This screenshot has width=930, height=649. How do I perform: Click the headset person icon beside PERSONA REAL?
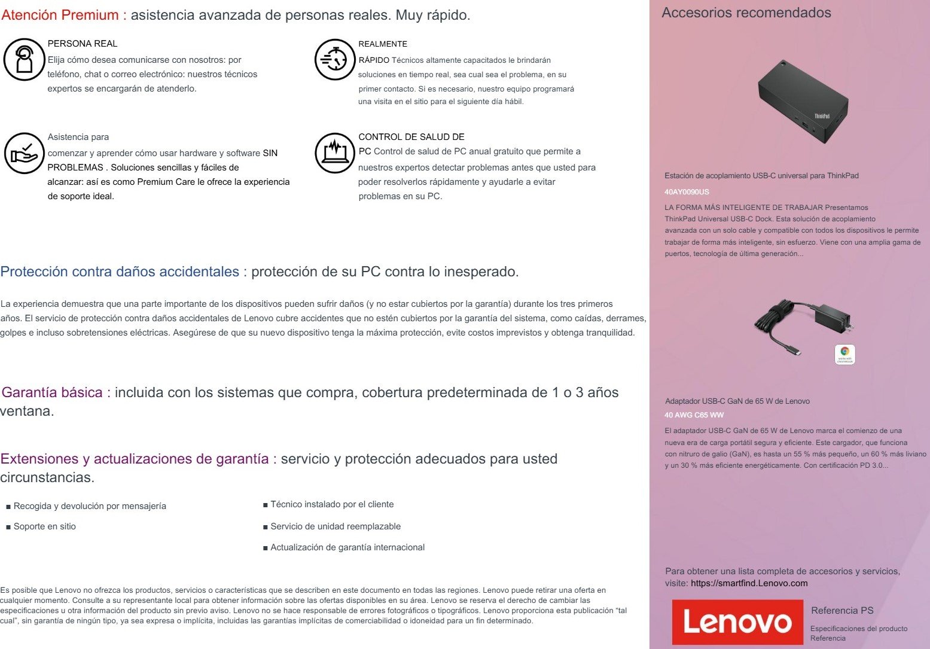[24, 59]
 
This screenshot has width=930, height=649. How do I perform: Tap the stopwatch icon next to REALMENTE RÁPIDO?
[335, 59]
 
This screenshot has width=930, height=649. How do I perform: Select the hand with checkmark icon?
[24, 153]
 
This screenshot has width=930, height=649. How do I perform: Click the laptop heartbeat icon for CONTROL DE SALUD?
[335, 153]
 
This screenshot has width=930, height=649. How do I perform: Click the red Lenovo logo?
[737, 622]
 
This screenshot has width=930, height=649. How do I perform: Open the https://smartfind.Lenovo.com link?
[749, 583]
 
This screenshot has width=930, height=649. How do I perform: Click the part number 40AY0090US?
[687, 192]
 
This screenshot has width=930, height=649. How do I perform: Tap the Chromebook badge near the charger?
[844, 354]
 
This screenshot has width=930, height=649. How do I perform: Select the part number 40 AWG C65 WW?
[694, 415]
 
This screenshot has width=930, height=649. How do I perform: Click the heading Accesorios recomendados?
[746, 13]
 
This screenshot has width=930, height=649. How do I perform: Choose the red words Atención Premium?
[60, 15]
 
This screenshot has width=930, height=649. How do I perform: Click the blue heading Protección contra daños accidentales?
[120, 272]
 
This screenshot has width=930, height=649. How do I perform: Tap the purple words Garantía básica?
[53, 392]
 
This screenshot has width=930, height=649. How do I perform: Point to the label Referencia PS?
[842, 610]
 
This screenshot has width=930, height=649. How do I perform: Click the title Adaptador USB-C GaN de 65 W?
[737, 401]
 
